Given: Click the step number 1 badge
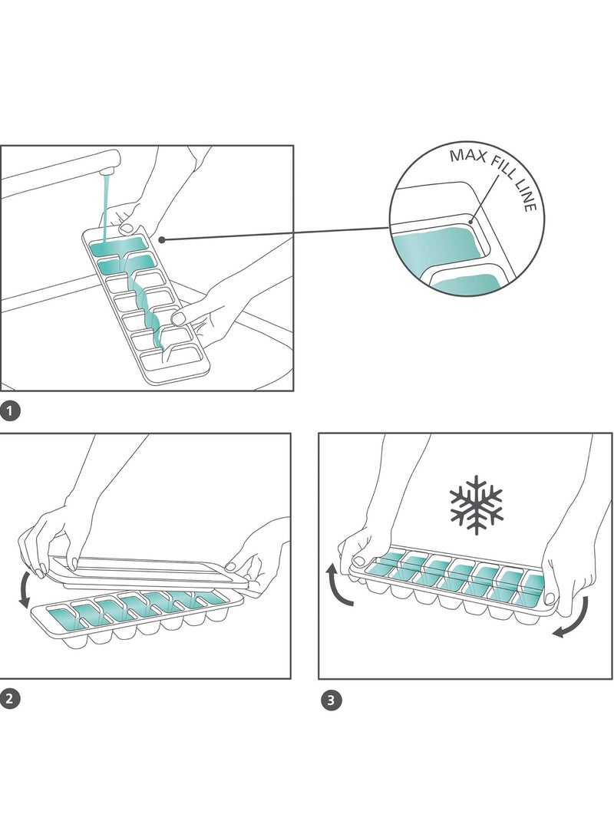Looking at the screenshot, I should point(10,412).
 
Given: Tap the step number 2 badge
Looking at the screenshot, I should point(10,699).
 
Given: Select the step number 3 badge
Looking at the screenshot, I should point(331,700).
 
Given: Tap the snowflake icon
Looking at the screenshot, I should point(476,504).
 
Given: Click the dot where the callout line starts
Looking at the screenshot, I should point(163,239).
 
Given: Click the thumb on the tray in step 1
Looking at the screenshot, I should point(127,227).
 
